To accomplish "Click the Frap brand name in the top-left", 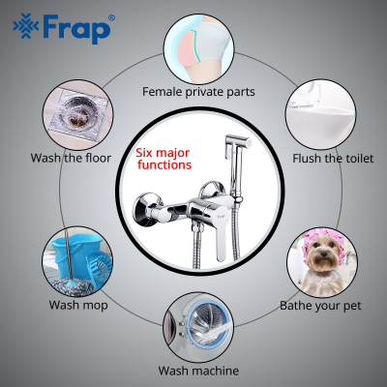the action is pos(76,28).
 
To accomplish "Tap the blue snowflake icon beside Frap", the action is pos(26,26).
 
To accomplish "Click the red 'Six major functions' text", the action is pos(164,159).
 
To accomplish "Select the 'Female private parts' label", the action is pos(198,92).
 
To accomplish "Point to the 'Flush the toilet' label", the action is pos(333,159).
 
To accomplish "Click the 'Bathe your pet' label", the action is pos(320,306).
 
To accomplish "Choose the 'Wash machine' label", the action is pos(198,371).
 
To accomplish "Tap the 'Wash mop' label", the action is pos(78,305).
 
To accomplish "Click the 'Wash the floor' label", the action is pos(71,158).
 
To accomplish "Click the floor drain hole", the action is pos(78,115).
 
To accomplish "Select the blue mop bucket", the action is pos(76,254).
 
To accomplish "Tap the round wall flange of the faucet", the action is pos(143,211).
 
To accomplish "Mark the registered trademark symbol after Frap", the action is pos(111,18).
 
